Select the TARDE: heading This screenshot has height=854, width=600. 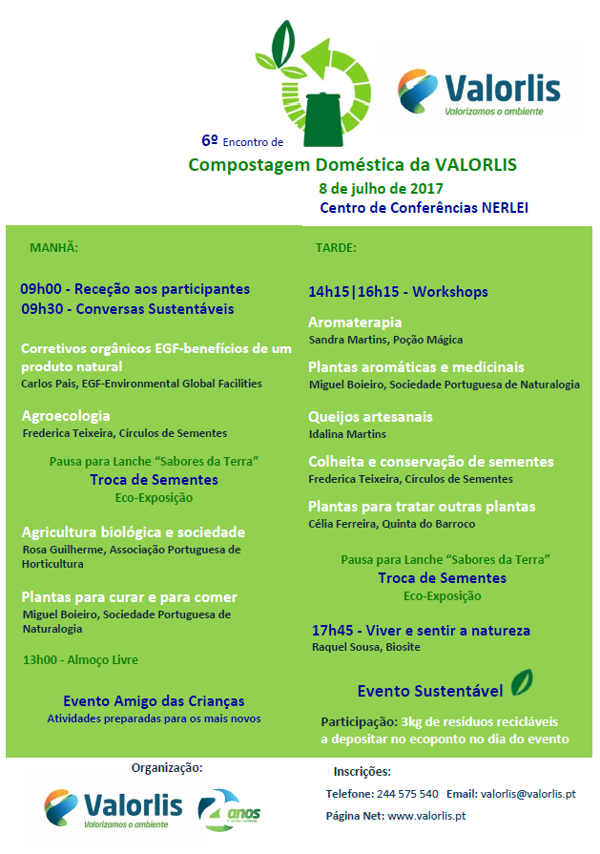click(x=335, y=247)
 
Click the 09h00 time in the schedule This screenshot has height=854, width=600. click(x=40, y=289)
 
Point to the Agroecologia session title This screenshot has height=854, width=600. click(x=66, y=416)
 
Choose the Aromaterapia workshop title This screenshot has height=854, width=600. click(x=355, y=323)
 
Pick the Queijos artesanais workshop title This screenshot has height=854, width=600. click(x=370, y=417)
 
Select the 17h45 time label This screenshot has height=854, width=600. click(x=333, y=631)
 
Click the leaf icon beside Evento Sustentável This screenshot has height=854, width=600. click(x=521, y=683)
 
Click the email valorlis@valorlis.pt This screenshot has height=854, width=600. click(x=528, y=794)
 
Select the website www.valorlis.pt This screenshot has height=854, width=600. click(x=426, y=816)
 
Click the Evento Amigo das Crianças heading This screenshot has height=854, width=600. click(x=154, y=701)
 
